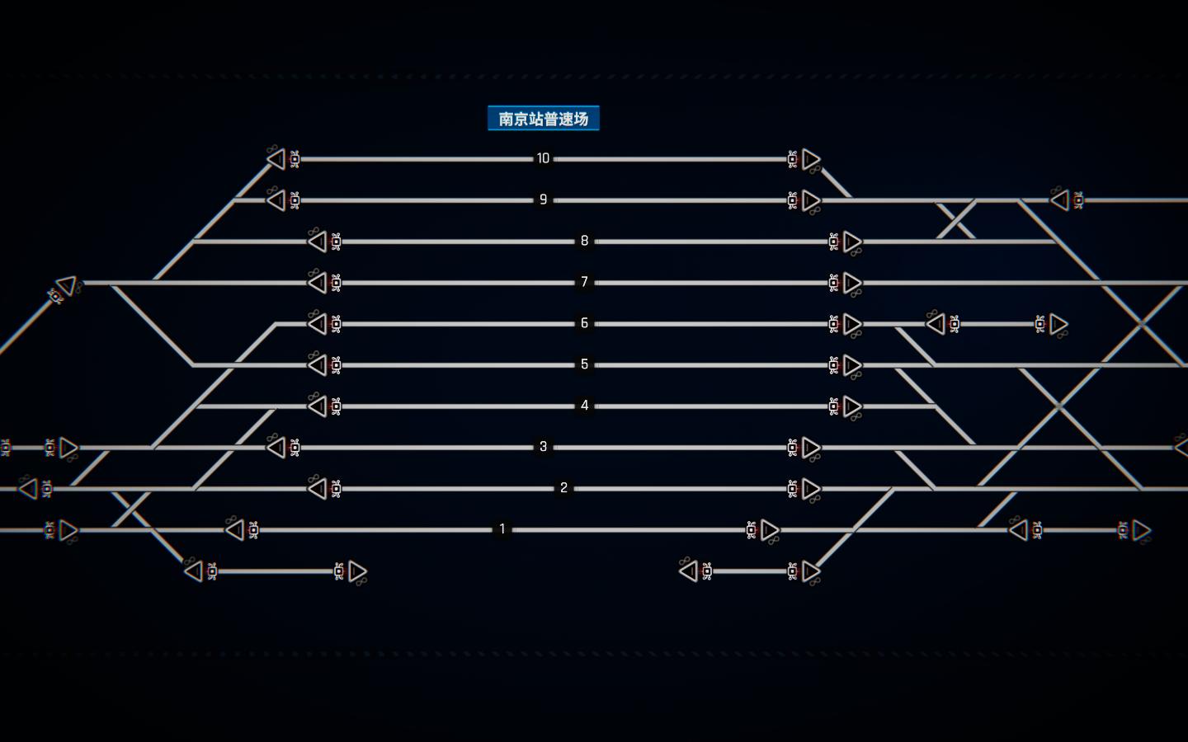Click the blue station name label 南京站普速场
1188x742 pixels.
tap(544, 118)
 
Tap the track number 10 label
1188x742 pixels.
tap(543, 158)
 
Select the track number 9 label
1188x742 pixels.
tap(543, 200)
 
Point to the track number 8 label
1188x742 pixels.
tap(584, 241)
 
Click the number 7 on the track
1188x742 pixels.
tap(584, 282)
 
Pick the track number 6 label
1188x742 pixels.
tap(584, 323)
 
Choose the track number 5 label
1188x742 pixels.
tap(584, 364)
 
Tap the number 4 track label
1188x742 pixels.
tap(584, 406)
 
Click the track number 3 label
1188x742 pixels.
tap(543, 447)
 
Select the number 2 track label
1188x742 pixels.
tap(563, 488)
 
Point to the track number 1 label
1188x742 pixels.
tap(502, 529)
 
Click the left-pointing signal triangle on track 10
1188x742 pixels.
tap(276, 159)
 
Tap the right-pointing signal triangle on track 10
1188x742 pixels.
tap(811, 159)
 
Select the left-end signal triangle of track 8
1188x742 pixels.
tap(318, 242)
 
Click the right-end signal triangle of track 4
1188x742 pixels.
tap(852, 406)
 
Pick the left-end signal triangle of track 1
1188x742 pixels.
tap(235, 530)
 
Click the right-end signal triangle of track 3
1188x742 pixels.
tap(811, 448)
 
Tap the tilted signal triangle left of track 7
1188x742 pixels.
tap(67, 285)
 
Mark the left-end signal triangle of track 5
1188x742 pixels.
tap(318, 365)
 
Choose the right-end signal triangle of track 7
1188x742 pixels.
tap(852, 283)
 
